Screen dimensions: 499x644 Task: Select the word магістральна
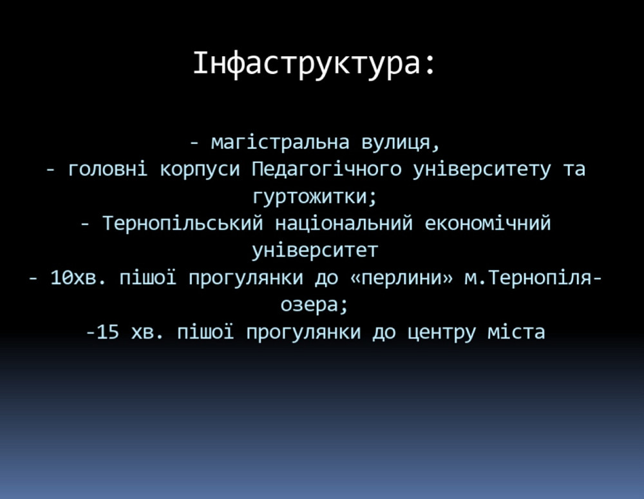tap(280, 142)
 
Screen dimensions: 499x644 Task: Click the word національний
tap(344, 224)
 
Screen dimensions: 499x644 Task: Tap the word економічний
tap(488, 224)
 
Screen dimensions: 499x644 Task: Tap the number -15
tap(102, 333)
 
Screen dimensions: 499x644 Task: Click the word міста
tap(516, 333)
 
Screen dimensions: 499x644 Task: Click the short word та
tap(574, 170)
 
